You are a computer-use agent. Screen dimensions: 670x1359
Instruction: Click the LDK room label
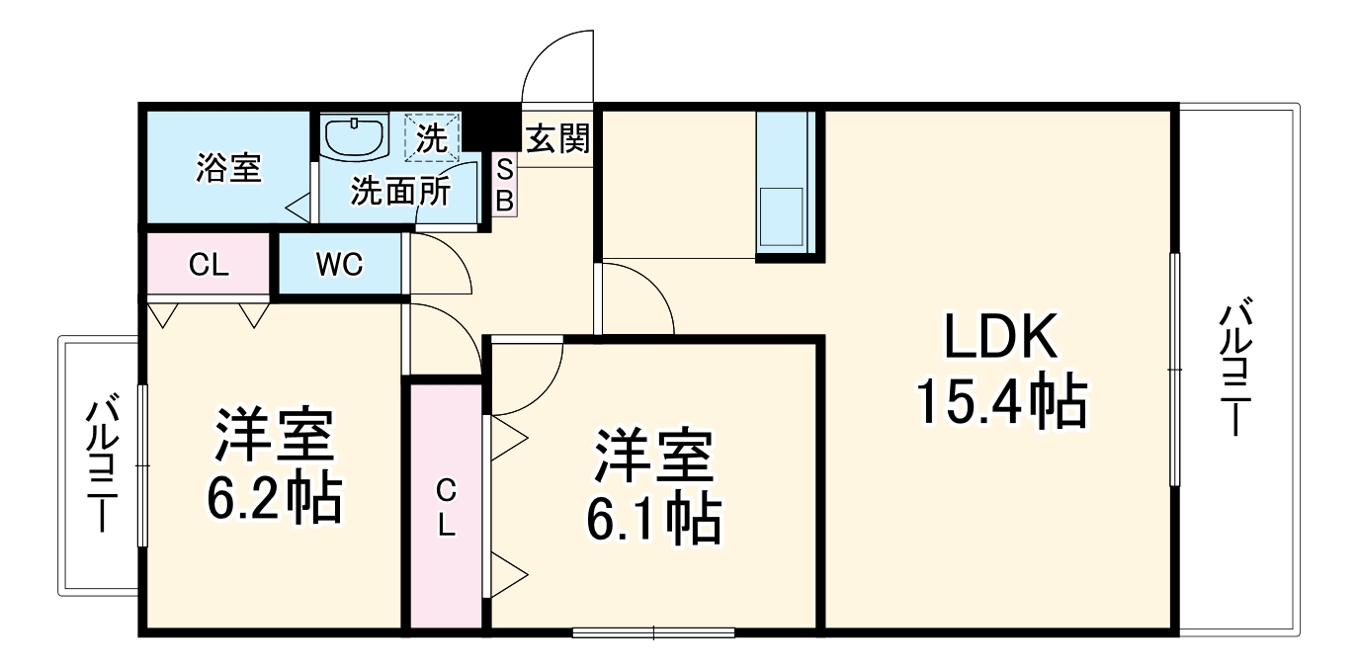click(1000, 338)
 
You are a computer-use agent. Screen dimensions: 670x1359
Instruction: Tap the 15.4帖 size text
click(1000, 401)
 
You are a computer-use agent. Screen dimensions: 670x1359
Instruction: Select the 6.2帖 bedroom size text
click(274, 499)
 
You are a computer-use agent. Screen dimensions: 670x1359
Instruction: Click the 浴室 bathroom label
click(228, 168)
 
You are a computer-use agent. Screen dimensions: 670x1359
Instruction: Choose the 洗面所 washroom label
click(400, 190)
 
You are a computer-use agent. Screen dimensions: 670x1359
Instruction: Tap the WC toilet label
click(339, 264)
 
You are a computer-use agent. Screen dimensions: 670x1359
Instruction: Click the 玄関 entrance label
click(556, 139)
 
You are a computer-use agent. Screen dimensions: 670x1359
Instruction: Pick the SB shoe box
click(504, 185)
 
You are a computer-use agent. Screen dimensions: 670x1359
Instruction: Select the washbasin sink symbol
click(353, 136)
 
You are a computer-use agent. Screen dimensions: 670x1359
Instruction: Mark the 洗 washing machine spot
click(432, 136)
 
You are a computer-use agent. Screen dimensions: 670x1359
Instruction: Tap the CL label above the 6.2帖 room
click(209, 264)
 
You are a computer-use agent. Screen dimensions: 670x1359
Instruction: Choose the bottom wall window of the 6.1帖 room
click(653, 631)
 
